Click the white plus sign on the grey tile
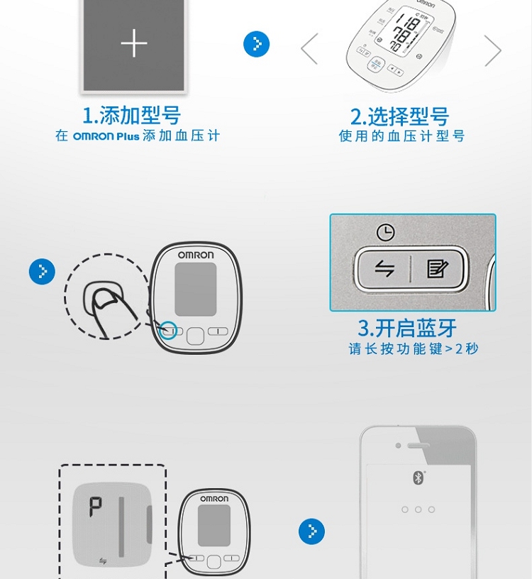[x=134, y=43]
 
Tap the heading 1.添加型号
[x=132, y=115]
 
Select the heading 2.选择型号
[x=400, y=116]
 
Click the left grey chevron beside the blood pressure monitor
[x=309, y=49]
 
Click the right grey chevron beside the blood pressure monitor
[x=493, y=50]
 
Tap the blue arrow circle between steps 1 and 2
[x=256, y=44]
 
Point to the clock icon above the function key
[x=385, y=233]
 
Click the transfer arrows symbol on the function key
[x=384, y=268]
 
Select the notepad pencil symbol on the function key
[x=437, y=268]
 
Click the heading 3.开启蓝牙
[x=407, y=328]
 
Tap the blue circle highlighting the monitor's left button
[x=169, y=331]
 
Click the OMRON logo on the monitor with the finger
[x=196, y=255]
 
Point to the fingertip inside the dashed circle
[x=105, y=298]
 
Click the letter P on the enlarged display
[x=95, y=507]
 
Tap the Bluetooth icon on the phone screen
[x=418, y=478]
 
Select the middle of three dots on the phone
[x=418, y=509]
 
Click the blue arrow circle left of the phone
[x=311, y=531]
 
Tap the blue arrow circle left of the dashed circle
[x=42, y=271]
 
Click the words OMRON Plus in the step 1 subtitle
[x=106, y=136]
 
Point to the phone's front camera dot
[x=398, y=446]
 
